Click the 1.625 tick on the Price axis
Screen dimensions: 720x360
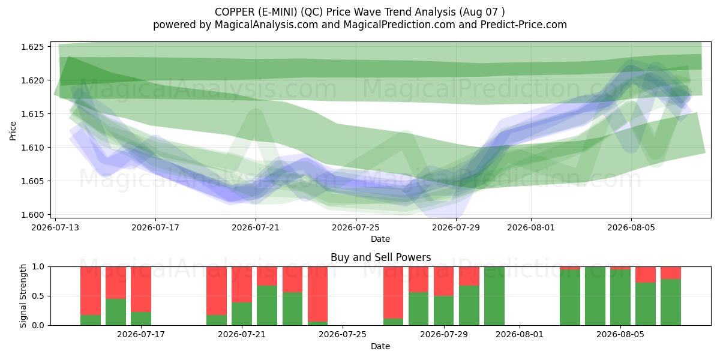32,47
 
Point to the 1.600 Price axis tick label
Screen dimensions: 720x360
32,215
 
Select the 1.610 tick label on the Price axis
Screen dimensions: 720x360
32,148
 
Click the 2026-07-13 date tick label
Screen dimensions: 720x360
55,227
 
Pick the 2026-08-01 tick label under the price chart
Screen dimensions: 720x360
531,227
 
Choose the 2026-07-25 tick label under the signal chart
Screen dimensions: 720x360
343,335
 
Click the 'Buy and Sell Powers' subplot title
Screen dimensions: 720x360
380,257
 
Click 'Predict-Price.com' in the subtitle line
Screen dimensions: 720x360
524,25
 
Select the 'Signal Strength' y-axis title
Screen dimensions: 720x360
23,296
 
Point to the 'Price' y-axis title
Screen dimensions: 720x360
13,131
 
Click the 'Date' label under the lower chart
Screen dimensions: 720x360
380,346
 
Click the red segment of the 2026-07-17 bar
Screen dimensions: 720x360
141,289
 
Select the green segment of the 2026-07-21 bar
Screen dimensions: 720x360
242,314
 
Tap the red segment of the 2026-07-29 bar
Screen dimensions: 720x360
443,281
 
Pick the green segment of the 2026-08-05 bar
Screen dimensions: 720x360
620,298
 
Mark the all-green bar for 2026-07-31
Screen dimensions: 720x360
494,296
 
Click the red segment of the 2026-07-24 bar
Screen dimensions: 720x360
317,294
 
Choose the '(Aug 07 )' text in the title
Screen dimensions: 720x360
482,12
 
